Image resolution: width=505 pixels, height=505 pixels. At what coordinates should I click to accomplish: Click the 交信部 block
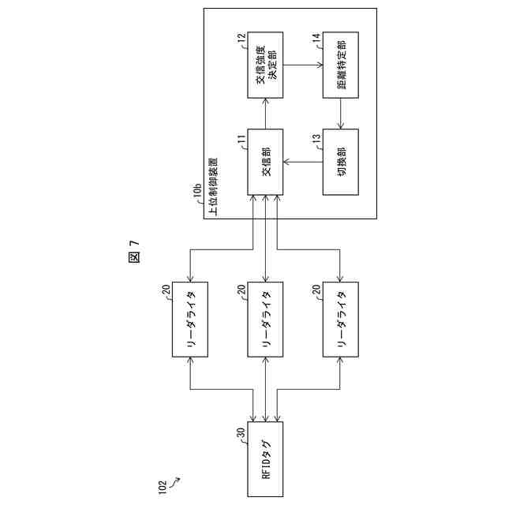click(x=266, y=163)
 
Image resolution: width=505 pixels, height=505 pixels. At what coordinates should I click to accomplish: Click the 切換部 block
click(x=341, y=163)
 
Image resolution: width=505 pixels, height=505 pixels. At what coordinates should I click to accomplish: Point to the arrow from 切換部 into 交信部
click(x=304, y=163)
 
